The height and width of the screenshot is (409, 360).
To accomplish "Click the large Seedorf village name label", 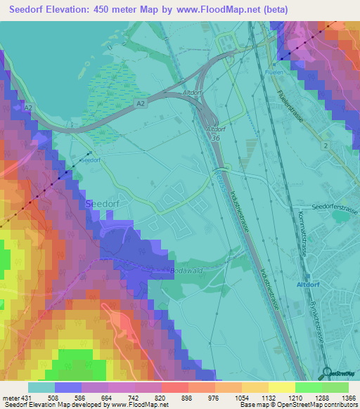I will coord(100,203).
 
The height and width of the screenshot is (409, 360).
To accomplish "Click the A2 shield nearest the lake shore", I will coord(28,110).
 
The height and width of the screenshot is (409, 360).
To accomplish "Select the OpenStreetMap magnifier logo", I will coord(328,373).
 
